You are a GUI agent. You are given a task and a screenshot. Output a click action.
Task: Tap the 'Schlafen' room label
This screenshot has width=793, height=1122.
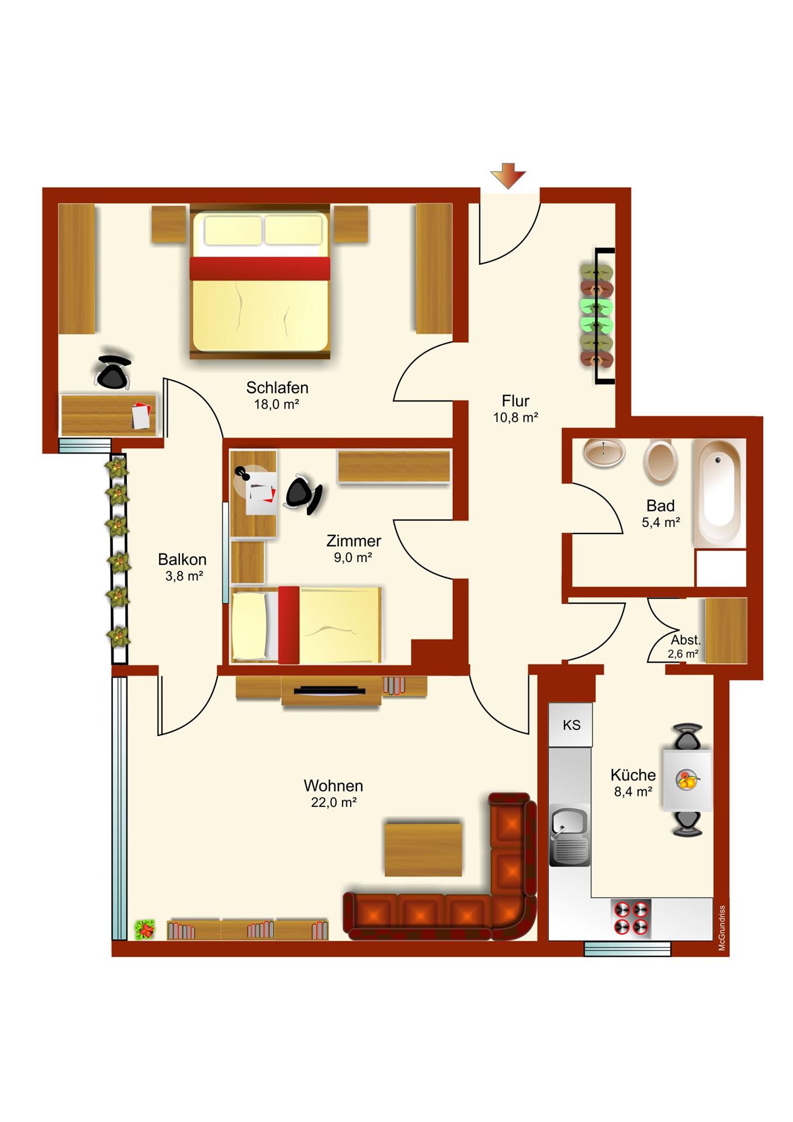pyautogui.click(x=277, y=387)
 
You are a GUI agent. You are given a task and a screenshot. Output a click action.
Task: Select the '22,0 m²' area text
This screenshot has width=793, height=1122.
pyautogui.click(x=334, y=802)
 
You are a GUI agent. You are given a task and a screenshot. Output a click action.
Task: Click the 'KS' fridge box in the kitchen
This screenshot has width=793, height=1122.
pyautogui.click(x=570, y=725)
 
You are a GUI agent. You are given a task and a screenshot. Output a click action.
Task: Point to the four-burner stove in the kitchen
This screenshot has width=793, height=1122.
pyautogui.click(x=631, y=919)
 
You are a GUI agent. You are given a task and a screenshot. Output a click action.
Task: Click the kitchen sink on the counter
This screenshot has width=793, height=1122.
pyautogui.click(x=570, y=835)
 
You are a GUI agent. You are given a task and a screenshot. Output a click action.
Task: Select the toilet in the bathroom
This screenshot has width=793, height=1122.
pyautogui.click(x=660, y=462)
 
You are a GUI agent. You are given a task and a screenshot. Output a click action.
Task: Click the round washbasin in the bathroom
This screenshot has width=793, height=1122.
pyautogui.click(x=604, y=452)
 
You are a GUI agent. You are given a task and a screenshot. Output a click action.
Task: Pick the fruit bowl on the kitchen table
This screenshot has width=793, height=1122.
pyautogui.click(x=687, y=780)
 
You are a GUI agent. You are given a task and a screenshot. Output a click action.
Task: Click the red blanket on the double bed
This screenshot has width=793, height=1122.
pyautogui.click(x=259, y=268)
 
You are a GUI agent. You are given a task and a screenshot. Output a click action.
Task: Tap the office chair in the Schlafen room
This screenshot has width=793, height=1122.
pyautogui.click(x=113, y=372)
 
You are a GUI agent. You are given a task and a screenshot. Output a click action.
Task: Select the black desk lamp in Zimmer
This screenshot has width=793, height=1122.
pyautogui.click(x=243, y=473)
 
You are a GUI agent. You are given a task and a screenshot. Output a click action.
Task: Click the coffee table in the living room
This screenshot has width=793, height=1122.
pyautogui.click(x=423, y=850)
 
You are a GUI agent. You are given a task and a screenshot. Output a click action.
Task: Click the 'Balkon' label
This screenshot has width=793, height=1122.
pyautogui.click(x=182, y=559)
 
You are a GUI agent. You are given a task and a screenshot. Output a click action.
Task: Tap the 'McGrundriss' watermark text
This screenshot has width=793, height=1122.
pyautogui.click(x=722, y=928)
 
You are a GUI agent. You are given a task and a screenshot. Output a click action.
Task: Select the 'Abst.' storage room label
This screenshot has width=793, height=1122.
pyautogui.click(x=685, y=640)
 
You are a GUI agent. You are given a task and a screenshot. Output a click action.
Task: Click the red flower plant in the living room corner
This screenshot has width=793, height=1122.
pyautogui.click(x=144, y=929)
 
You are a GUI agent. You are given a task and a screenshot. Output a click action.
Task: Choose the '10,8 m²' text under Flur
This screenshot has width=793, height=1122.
pyautogui.click(x=515, y=417)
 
